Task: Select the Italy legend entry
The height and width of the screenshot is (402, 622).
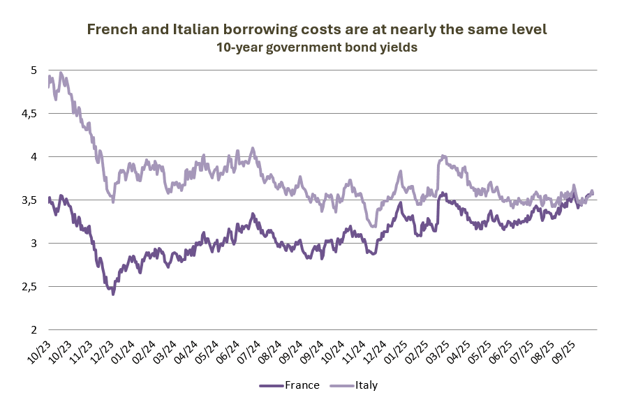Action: click(x=366, y=385)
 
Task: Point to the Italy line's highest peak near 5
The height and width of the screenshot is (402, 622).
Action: click(x=61, y=73)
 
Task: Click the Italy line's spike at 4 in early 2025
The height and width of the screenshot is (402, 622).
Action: click(x=443, y=156)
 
